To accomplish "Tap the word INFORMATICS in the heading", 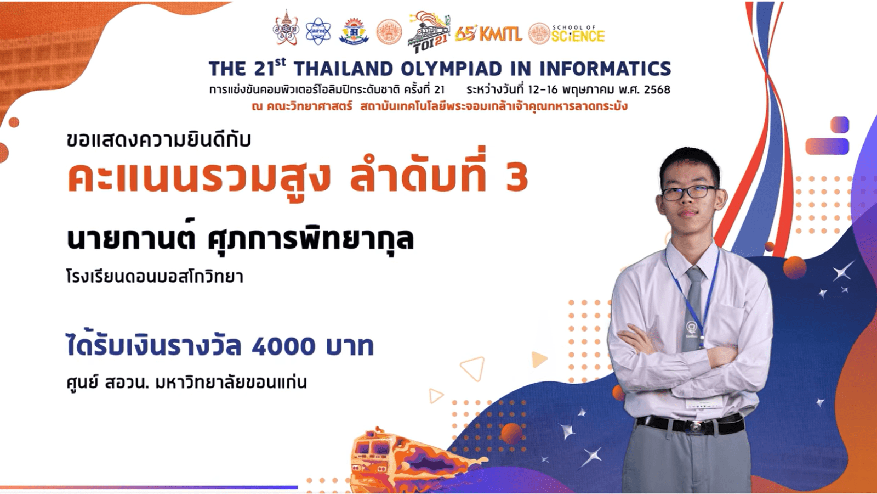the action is (605, 69).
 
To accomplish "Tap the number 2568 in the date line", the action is (657, 90).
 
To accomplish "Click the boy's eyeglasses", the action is (690, 193).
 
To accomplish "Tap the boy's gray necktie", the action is (693, 310).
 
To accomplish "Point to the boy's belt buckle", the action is (697, 426).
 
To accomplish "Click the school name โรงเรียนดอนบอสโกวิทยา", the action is (155, 277).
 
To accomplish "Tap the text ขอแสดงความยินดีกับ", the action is (158, 139).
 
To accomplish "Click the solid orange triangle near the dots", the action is (539, 360).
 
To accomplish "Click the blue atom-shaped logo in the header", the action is (318, 31).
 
